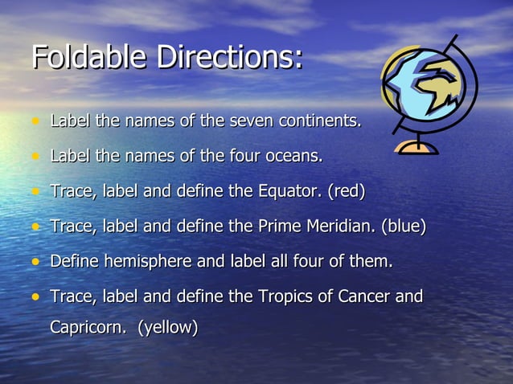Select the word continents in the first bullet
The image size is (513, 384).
tap(318, 122)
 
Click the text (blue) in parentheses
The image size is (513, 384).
tap(404, 227)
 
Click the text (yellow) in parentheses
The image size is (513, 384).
tap(168, 328)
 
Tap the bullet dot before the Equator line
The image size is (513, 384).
tap(35, 192)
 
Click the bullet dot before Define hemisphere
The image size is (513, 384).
tap(35, 262)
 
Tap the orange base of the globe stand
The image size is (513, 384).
tap(416, 148)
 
